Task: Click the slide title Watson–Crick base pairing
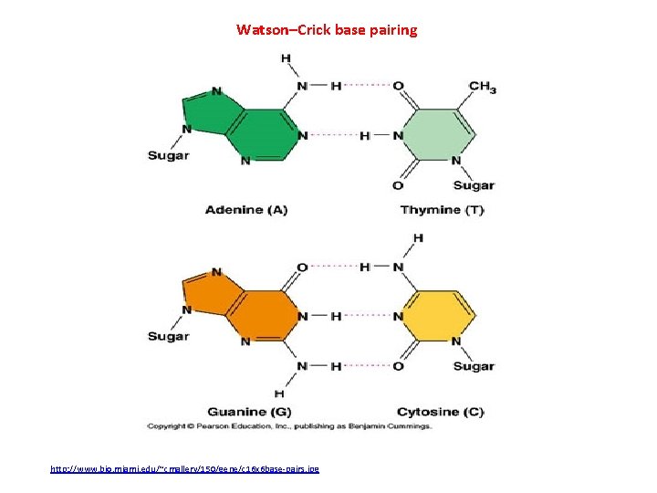click(327, 30)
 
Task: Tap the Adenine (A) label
click(245, 209)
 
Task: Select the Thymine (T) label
click(442, 209)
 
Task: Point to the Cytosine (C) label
click(441, 412)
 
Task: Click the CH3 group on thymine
click(482, 88)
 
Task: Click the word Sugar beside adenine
click(169, 155)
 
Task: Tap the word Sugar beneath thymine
click(474, 185)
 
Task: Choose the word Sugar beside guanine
click(169, 336)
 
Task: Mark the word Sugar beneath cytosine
click(474, 366)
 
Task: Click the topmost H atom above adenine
click(286, 58)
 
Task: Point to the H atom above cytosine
click(418, 238)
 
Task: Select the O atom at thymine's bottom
click(397, 185)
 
